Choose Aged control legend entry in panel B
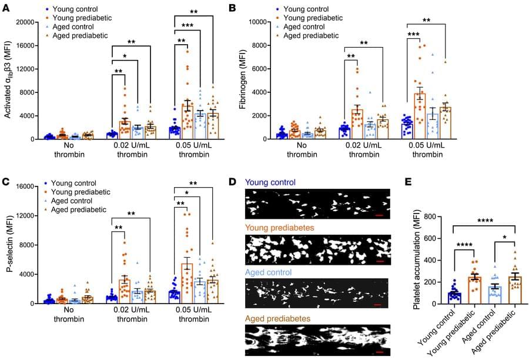[311, 27]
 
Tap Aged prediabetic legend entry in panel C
[79, 209]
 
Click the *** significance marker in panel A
[188, 25]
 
